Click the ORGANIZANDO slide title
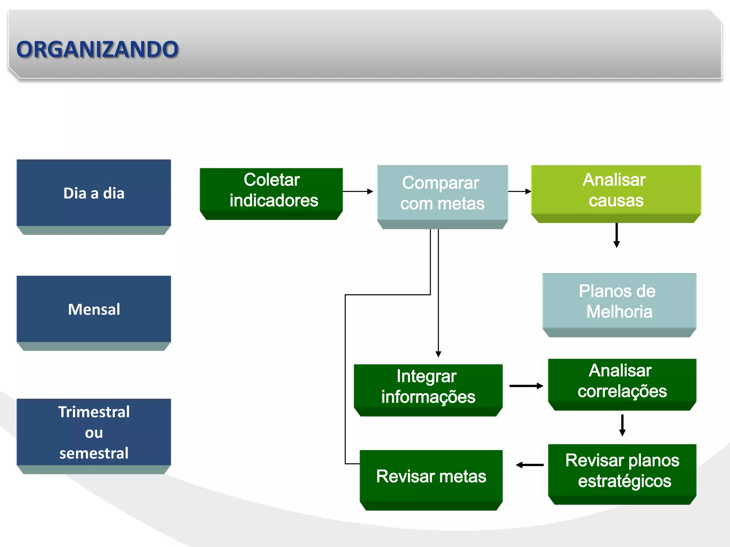[x=97, y=49]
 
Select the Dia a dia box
[x=94, y=193]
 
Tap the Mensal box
[x=94, y=309]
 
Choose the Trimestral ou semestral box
[x=94, y=432]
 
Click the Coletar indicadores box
[x=271, y=191]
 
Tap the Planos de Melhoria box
[x=619, y=301]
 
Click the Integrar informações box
[x=428, y=387]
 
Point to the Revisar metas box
[x=431, y=476]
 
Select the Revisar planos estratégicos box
[x=622, y=471]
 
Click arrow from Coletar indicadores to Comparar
[x=358, y=192]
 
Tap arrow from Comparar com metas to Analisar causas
[x=519, y=192]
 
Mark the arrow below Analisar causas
[x=617, y=235]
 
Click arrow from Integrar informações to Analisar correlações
[x=526, y=386]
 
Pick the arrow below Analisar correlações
[x=622, y=425]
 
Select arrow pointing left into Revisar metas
[x=530, y=465]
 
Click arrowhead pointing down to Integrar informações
[x=438, y=354]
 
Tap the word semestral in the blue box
[x=94, y=453]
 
